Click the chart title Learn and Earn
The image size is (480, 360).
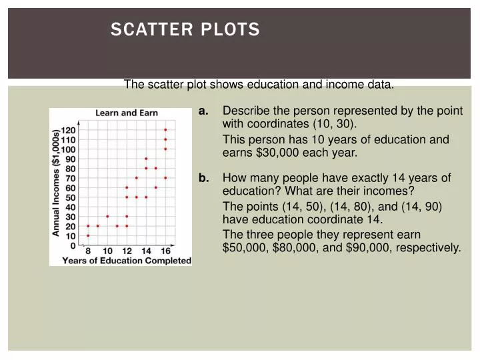[127, 113]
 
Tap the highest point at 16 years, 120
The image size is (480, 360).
[165, 129]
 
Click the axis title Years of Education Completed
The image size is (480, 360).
[127, 261]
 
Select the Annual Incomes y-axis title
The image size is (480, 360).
[57, 183]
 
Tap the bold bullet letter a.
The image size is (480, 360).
[204, 111]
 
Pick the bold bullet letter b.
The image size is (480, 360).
[204, 178]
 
